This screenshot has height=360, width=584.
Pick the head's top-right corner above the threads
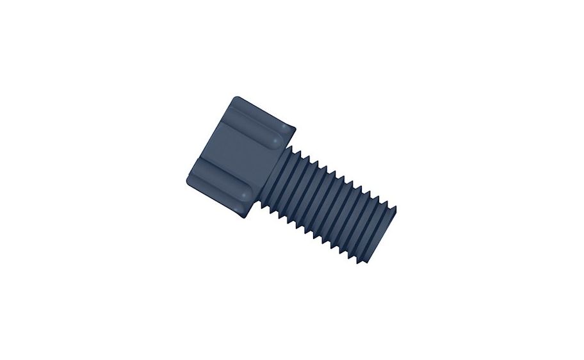(x=296, y=127)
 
